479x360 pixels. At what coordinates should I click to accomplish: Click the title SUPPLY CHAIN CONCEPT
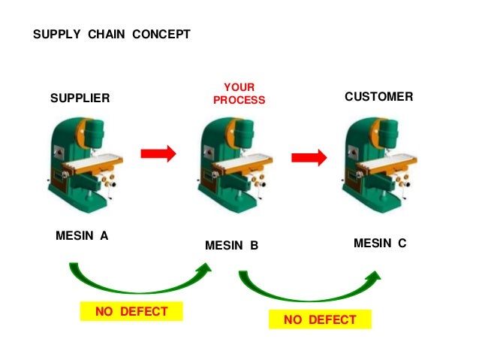pyautogui.click(x=112, y=35)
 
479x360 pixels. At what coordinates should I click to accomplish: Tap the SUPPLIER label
pyautogui.click(x=80, y=98)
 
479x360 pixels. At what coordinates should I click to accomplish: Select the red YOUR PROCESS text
pyautogui.click(x=239, y=94)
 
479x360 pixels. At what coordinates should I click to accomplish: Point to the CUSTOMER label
pyautogui.click(x=378, y=97)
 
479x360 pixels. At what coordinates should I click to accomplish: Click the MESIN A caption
pyautogui.click(x=82, y=235)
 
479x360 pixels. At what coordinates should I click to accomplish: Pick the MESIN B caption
pyautogui.click(x=231, y=245)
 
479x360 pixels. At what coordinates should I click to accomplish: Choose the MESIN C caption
pyautogui.click(x=380, y=243)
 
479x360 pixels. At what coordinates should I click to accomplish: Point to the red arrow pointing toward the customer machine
pyautogui.click(x=309, y=157)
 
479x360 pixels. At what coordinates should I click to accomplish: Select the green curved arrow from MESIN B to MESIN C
pyautogui.click(x=308, y=289)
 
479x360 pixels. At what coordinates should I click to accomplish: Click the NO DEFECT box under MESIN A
pyautogui.click(x=131, y=311)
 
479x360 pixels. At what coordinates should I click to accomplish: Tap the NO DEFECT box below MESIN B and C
pyautogui.click(x=320, y=320)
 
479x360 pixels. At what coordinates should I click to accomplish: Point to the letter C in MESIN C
pyautogui.click(x=402, y=243)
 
